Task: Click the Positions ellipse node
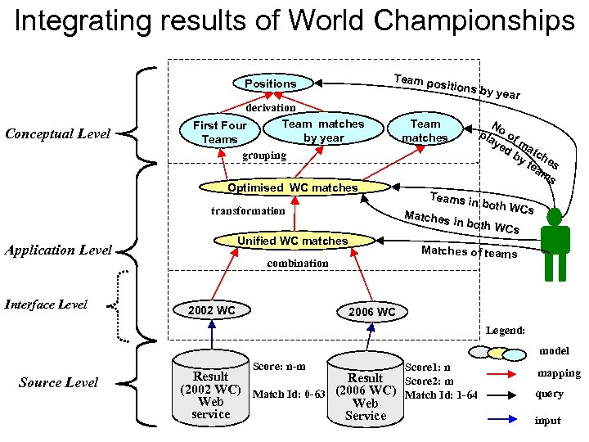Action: (x=271, y=83)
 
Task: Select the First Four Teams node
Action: (x=219, y=132)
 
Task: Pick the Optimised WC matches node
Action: (x=293, y=187)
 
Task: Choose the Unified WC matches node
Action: (x=293, y=241)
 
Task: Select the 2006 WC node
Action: (x=371, y=312)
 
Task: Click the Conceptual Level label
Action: (x=57, y=133)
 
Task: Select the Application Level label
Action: (x=58, y=250)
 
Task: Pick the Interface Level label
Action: (x=47, y=304)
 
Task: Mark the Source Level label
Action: (x=58, y=382)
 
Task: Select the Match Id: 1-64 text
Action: (x=442, y=395)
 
